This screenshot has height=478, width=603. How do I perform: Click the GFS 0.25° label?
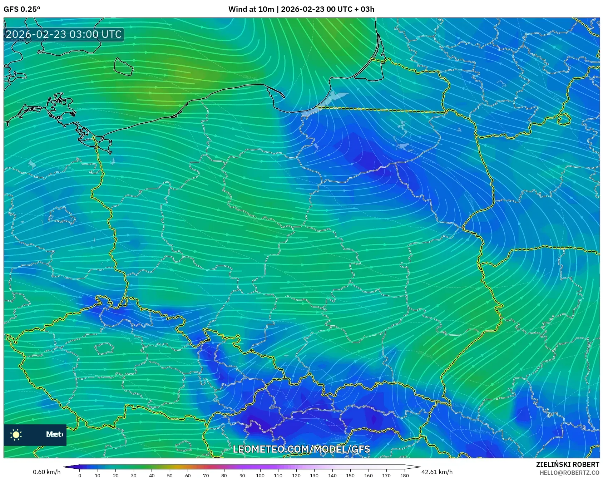pos(22,9)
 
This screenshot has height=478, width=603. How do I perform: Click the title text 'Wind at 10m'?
pos(251,9)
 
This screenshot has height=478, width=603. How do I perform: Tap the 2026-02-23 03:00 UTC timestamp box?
pos(64,34)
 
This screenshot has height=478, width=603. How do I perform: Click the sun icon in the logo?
pos(16,434)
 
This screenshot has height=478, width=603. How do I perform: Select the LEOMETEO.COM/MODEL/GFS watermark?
pos(301,449)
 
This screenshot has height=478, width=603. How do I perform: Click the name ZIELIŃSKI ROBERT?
pos(567,464)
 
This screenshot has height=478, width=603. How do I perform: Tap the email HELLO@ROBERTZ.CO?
pos(569,473)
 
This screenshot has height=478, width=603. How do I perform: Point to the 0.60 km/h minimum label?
pos(46,472)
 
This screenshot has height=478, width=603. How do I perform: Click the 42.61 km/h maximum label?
pos(437,472)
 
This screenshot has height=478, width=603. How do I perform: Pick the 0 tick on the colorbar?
pos(79,475)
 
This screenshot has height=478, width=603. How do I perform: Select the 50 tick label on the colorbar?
pos(170,475)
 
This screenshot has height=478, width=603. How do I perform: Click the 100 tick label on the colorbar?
pos(260,475)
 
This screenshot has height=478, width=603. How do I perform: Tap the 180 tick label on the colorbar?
pos(404,475)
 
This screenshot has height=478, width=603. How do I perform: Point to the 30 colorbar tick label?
pos(134,475)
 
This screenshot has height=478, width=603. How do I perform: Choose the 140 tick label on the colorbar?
pos(332,475)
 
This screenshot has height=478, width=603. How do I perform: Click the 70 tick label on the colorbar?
pos(206,475)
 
